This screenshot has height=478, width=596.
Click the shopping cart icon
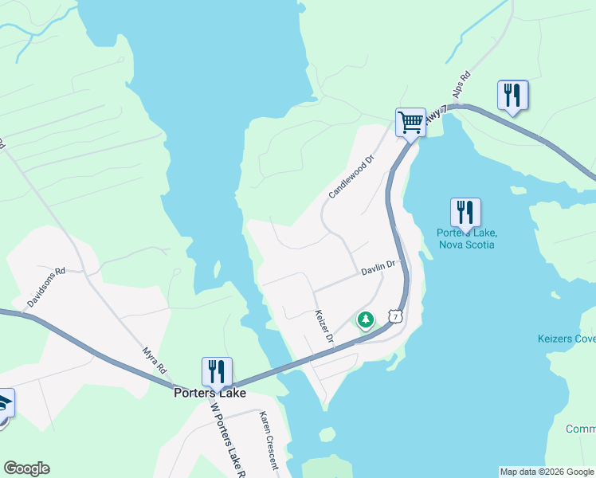click(410, 123)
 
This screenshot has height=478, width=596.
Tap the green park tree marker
click(366, 320)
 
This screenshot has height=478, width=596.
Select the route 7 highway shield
click(396, 316)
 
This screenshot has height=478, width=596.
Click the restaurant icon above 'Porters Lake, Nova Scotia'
click(465, 212)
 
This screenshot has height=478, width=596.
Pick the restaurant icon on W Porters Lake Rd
click(217, 371)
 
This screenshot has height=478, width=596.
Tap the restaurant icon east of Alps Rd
click(512, 96)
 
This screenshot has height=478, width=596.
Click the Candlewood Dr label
click(351, 178)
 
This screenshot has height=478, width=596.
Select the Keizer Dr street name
click(323, 327)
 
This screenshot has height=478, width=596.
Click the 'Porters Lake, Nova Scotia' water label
click(467, 238)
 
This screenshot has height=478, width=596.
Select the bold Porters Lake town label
click(210, 393)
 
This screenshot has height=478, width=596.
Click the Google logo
click(27, 468)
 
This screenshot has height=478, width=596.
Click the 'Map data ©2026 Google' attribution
click(547, 472)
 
